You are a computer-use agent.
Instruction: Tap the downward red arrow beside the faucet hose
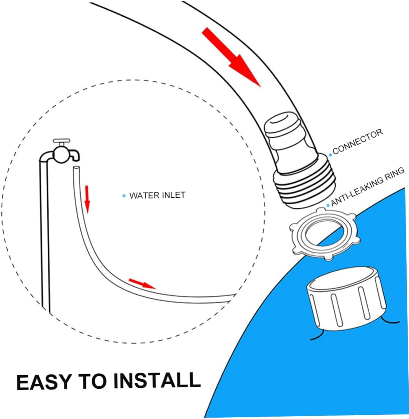tap(88, 198)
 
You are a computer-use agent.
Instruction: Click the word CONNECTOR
tap(358, 141)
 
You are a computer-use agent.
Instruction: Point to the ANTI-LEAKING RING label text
tap(368, 187)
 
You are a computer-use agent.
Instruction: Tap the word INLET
tap(174, 195)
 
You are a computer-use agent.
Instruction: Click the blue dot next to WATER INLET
tap(124, 196)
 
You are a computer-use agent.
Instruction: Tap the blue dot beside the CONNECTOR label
tap(330, 155)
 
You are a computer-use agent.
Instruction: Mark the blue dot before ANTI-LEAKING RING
tap(328, 205)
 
